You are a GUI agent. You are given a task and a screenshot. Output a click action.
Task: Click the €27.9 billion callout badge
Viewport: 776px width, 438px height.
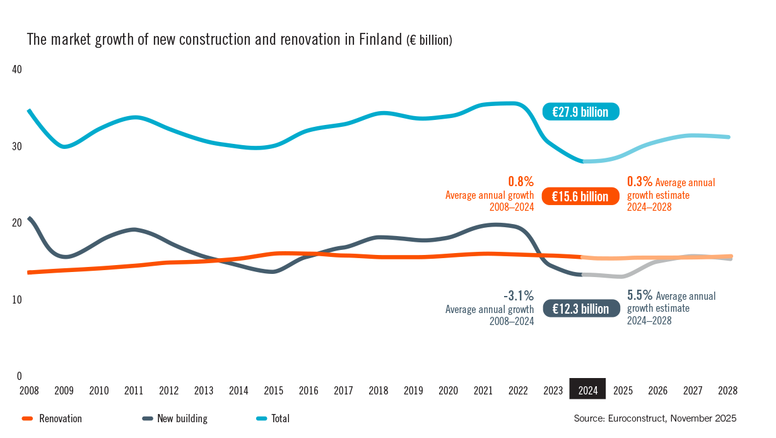coord(580,112)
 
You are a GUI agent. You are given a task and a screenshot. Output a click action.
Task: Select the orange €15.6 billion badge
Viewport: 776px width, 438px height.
coord(580,196)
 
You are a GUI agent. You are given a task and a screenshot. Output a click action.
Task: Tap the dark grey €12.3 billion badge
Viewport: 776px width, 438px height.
coord(580,309)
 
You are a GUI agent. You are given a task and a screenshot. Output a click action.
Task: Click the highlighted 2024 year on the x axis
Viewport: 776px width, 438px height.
coord(587,390)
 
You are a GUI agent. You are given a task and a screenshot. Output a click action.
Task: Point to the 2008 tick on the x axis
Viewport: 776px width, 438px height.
coord(29,390)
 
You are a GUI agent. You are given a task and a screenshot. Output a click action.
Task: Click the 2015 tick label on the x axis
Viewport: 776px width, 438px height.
coord(273,390)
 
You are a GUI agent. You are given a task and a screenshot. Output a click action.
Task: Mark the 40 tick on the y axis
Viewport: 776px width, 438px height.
coord(17,69)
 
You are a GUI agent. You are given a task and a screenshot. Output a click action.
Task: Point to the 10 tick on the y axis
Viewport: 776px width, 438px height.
coord(17,299)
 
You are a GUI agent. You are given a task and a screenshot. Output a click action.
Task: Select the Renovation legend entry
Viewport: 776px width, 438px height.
coord(60,418)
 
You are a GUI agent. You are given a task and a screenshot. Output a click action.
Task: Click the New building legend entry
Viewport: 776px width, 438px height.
coord(182,418)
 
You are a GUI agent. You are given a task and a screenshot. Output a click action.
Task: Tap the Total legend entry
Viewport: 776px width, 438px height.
coord(280,418)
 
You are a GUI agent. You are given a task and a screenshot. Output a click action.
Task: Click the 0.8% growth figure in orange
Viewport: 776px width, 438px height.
coord(521,182)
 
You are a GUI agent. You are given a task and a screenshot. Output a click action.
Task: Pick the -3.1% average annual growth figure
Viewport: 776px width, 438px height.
coord(519,295)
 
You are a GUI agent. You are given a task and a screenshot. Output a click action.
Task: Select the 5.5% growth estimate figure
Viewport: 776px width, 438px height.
coord(640,295)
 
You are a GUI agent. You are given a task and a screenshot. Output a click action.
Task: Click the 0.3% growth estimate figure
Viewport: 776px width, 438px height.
coord(640,182)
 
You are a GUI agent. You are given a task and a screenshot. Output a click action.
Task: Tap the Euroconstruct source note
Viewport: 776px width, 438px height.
coord(655,418)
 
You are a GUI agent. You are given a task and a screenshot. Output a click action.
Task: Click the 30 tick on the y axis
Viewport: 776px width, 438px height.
coord(17,146)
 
